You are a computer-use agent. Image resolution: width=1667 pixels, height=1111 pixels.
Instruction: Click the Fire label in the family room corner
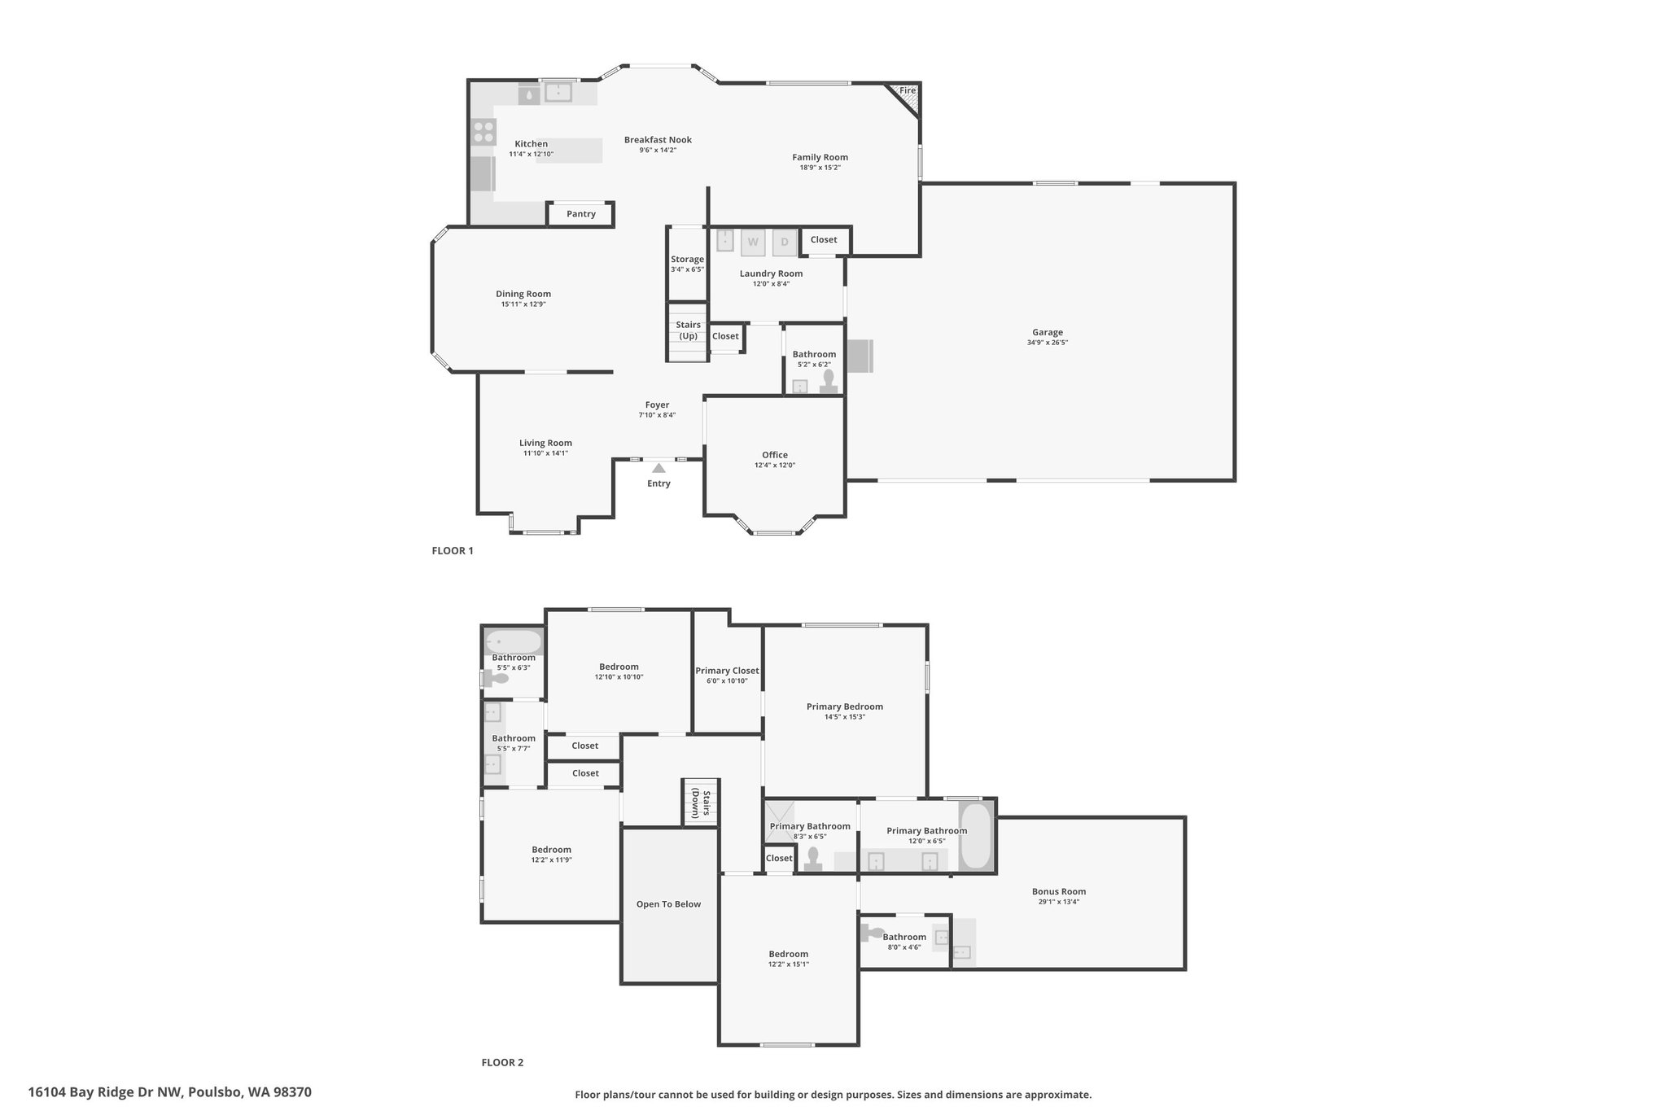[x=908, y=90]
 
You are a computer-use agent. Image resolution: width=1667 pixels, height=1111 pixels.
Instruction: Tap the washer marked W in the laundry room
[x=753, y=242]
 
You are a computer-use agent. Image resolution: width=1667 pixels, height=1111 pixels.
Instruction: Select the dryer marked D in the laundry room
[x=785, y=242]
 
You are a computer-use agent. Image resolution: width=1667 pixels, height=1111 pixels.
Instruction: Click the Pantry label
[x=581, y=214]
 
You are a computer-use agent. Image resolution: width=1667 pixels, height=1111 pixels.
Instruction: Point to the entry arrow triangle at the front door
[x=658, y=468]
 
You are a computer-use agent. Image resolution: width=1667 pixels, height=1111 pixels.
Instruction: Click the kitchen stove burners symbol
[x=483, y=132]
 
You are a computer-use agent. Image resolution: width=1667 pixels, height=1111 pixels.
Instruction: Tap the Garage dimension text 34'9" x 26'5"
[x=1048, y=343]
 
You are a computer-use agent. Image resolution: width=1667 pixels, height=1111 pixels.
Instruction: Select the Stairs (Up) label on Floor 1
[x=689, y=330]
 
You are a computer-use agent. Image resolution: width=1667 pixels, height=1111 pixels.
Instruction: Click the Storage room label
[x=688, y=259]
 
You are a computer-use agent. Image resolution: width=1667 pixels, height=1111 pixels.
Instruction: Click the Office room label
[x=775, y=455]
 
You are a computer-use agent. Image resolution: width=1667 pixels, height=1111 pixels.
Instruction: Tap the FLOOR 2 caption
[x=502, y=1062]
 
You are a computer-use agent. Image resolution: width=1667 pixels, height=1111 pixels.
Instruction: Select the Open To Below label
[x=669, y=904]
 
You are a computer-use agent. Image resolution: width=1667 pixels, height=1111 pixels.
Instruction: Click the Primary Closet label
[x=727, y=671]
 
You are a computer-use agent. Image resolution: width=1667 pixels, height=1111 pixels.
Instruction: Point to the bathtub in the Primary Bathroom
[x=977, y=837]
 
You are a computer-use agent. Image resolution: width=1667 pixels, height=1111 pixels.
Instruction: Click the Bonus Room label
[x=1059, y=891]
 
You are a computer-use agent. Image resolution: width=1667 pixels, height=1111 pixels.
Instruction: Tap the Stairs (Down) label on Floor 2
[x=701, y=803]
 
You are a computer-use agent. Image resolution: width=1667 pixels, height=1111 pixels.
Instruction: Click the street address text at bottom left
[x=169, y=1092]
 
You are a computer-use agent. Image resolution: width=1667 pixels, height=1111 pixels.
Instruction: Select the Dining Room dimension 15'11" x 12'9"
[x=523, y=304]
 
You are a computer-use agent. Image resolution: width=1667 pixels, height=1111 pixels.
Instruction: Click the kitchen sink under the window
[x=558, y=93]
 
